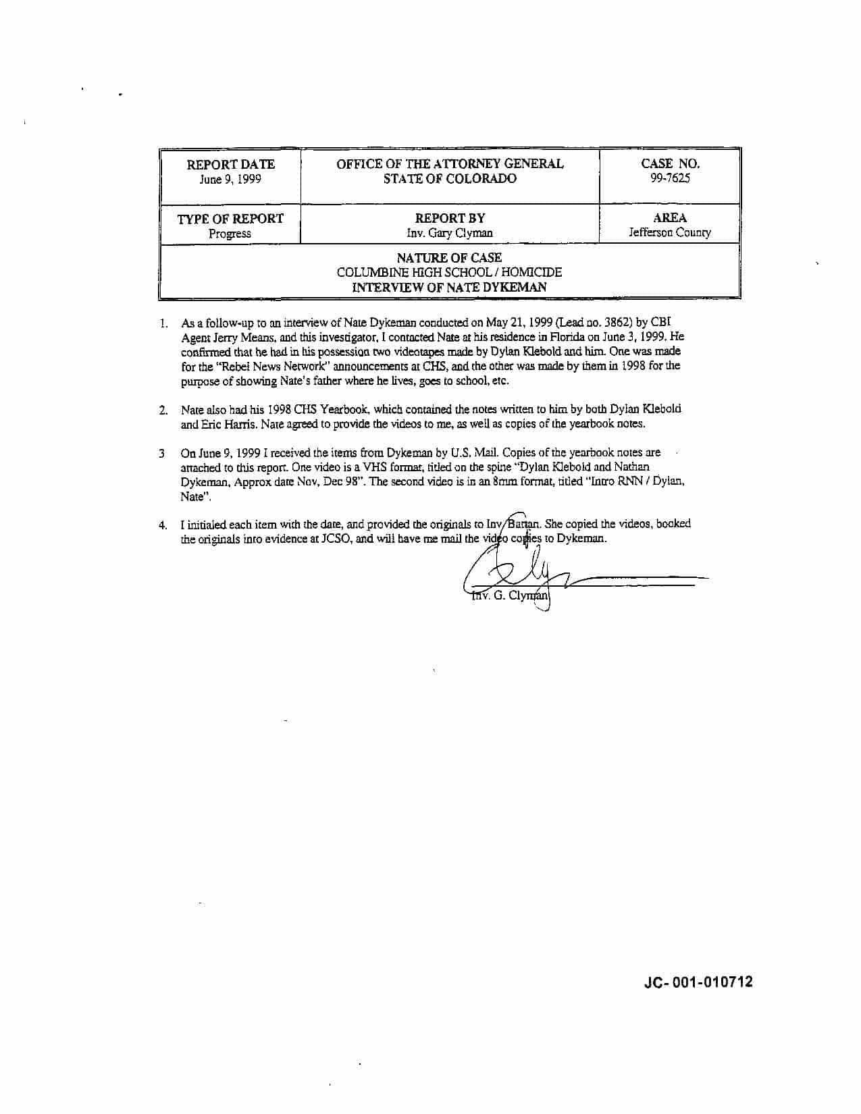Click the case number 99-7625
coord(670,178)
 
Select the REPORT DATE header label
coord(230,164)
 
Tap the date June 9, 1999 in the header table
coord(230,180)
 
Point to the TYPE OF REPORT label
coord(230,219)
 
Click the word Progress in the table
coord(230,234)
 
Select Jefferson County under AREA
coord(670,232)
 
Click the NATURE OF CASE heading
coord(449,258)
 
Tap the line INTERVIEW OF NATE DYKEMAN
coord(449,288)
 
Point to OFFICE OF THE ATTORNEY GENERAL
coord(450,163)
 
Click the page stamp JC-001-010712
coord(698,982)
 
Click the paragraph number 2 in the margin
coord(163,410)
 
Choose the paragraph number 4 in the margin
coord(163,525)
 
